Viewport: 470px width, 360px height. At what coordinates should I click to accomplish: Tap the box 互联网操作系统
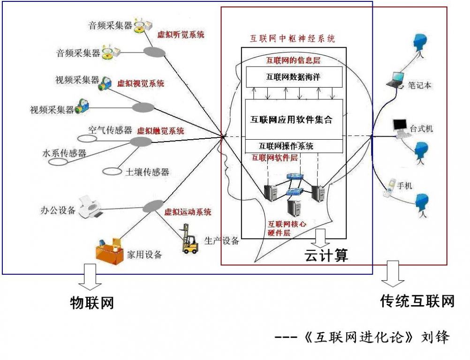click(x=286, y=146)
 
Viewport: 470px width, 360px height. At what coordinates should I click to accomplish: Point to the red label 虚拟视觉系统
click(x=141, y=84)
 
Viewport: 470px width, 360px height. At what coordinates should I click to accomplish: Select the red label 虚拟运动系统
click(x=188, y=212)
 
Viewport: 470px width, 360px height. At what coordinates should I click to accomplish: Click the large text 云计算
click(x=326, y=255)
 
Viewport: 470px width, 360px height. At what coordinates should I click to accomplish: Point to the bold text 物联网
click(x=92, y=303)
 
